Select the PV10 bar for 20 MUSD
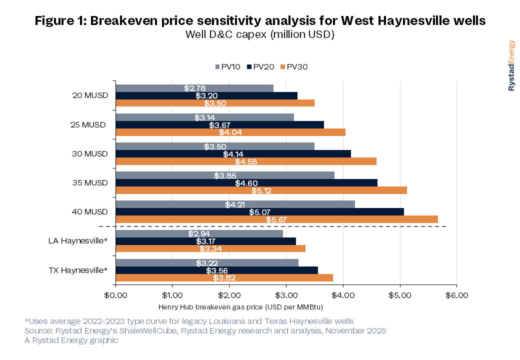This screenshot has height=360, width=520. (194, 88)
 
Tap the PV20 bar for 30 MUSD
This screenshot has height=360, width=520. (233, 154)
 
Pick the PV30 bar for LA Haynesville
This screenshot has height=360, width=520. (210, 248)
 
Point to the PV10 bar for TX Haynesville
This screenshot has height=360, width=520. (207, 263)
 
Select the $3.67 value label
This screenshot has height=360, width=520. (220, 125)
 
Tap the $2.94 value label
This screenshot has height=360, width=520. (199, 233)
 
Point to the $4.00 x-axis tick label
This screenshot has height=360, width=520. (343, 295)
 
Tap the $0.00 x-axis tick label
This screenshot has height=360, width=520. (115, 295)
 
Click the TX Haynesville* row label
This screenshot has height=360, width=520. (78, 270)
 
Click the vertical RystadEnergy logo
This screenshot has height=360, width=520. (511, 65)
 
